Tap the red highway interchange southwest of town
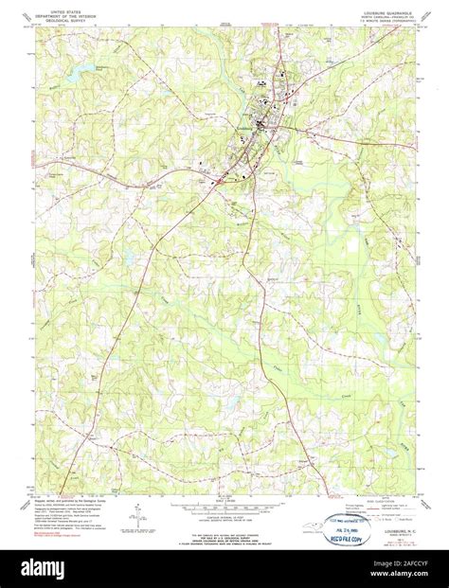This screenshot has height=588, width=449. (217, 177)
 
